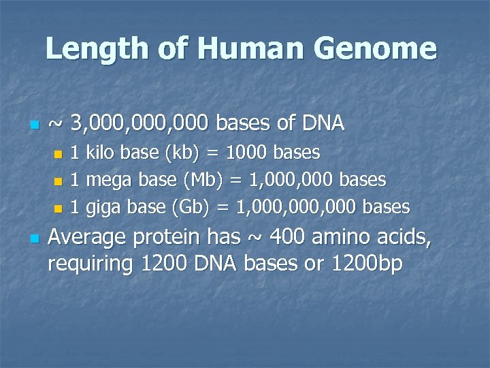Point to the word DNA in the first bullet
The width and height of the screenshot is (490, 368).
[x=323, y=123]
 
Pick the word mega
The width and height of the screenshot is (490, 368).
[x=109, y=181]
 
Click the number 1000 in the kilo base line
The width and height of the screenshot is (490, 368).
[x=243, y=153]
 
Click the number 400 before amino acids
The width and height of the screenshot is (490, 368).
[x=289, y=238]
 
